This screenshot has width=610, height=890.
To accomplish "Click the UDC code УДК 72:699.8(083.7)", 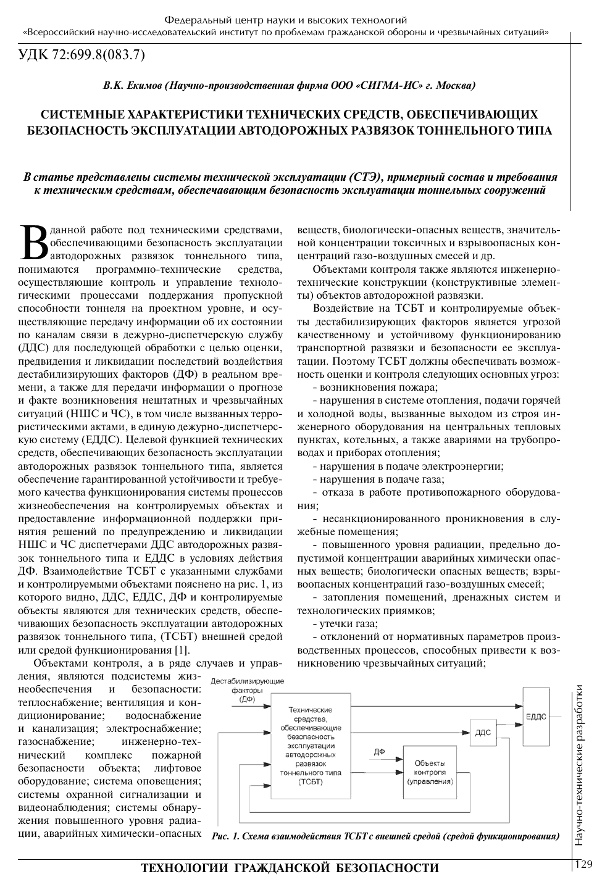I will pyautogui.click(x=81, y=56).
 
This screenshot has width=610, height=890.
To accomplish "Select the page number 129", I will pyautogui.click(x=583, y=864).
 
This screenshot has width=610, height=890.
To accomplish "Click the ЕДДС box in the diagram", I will pyautogui.click(x=535, y=717).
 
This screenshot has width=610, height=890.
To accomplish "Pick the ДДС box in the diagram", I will pyautogui.click(x=483, y=732).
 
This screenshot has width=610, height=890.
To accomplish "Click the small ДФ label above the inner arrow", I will pyautogui.click(x=380, y=751).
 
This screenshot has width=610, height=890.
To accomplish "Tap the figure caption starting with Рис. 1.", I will pyautogui.click(x=385, y=837).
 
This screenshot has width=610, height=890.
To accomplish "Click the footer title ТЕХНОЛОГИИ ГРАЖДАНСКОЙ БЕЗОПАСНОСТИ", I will pyautogui.click(x=290, y=868).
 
